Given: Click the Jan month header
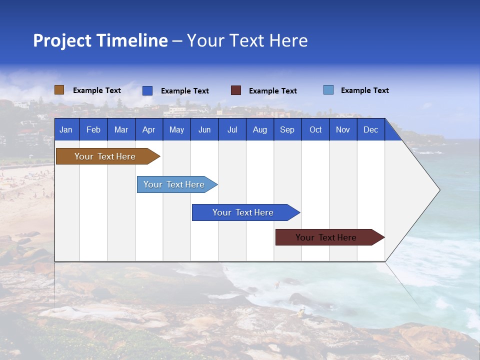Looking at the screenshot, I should [66, 129].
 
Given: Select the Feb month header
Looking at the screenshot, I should [93, 129].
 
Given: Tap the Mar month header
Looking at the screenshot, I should [121, 129].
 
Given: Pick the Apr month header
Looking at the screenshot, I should [148, 129].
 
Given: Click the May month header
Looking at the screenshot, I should [176, 129].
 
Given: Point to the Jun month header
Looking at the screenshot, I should [204, 129].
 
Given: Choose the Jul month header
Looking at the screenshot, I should [232, 129].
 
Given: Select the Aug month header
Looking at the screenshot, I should [259, 129].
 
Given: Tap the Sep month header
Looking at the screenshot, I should [287, 129].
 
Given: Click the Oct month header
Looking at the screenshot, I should [315, 129].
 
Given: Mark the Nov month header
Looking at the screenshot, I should [343, 129].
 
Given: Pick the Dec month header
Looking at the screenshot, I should [370, 129].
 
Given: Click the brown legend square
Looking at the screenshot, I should [59, 90].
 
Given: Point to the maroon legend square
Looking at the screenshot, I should [236, 90].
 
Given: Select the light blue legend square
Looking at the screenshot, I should [328, 90].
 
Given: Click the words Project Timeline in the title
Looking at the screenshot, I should [100, 40].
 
